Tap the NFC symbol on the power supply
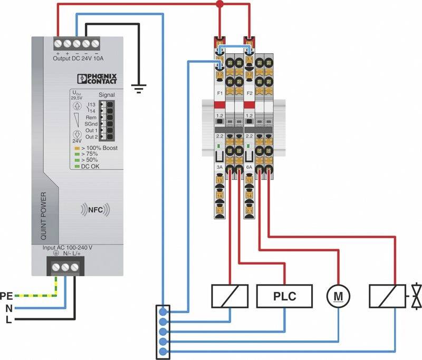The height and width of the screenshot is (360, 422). click(x=95, y=210)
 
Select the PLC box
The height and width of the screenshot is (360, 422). click(x=284, y=296)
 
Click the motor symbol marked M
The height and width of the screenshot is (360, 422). click(x=337, y=296)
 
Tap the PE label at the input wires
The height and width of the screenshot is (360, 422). click(x=7, y=296)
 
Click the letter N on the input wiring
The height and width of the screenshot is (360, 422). click(x=8, y=308)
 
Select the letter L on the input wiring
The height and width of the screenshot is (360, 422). click(x=8, y=319)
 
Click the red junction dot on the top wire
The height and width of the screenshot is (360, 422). click(x=220, y=4)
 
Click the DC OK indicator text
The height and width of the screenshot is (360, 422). click(x=90, y=166)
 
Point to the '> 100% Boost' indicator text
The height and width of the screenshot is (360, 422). click(x=99, y=148)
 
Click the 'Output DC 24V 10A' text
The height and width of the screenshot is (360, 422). click(x=79, y=58)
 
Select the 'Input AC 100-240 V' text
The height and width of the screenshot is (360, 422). click(x=67, y=247)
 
